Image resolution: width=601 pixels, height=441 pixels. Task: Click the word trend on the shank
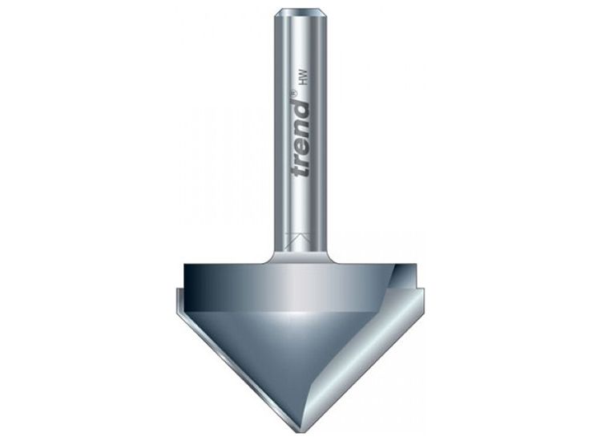coord(300,136)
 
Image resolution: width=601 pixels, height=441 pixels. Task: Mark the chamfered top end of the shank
coord(301,12)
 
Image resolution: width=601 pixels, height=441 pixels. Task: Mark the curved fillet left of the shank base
coord(268,256)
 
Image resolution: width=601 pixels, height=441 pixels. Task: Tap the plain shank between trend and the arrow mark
coord(301,208)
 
